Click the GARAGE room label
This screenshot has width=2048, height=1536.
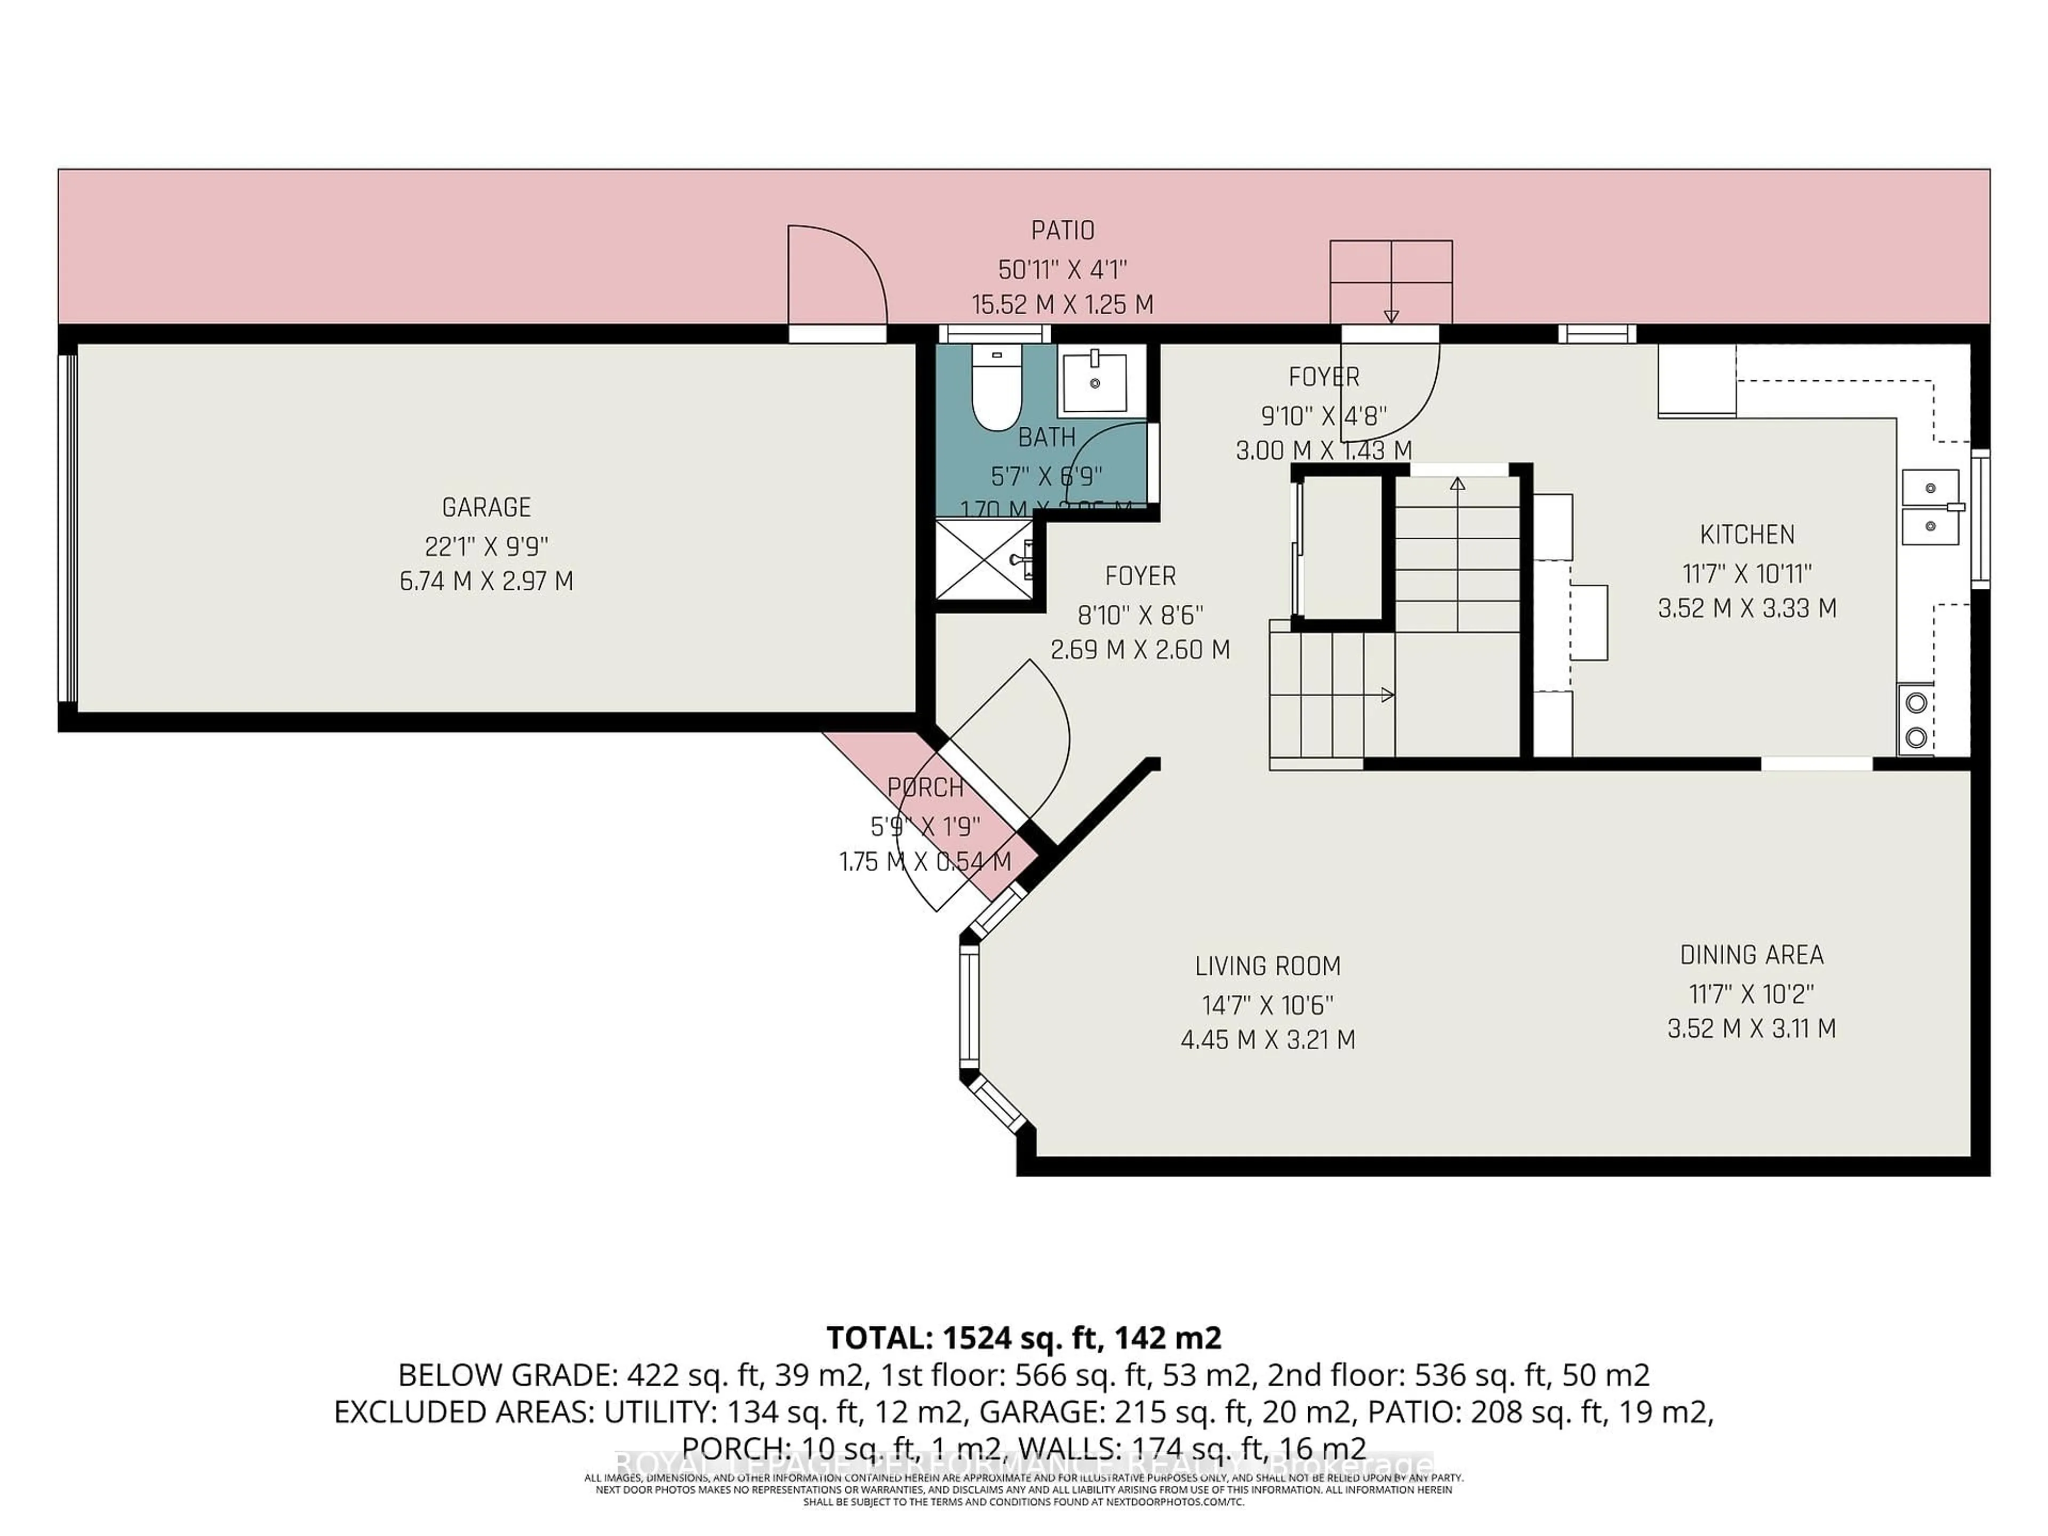(486, 507)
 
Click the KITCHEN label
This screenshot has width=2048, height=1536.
(1746, 534)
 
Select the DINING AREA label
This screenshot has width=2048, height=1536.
(1751, 955)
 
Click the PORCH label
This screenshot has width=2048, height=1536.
(925, 788)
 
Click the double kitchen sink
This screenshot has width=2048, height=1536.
(1931, 507)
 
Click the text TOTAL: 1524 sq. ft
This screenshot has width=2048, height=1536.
(1023, 1338)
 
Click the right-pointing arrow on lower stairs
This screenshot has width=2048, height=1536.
(1386, 694)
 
